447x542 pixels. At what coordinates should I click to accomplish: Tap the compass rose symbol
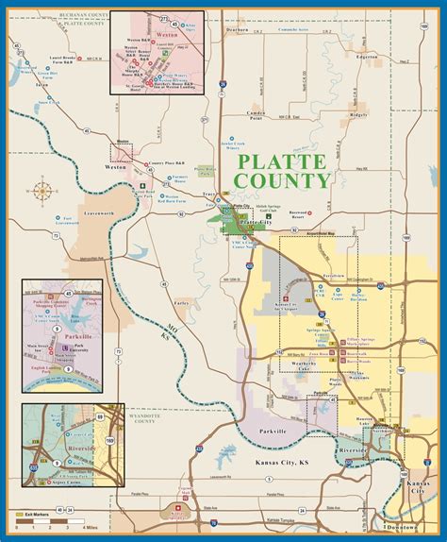(43, 189)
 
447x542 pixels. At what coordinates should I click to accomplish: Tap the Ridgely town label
(358, 114)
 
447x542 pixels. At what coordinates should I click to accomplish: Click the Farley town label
(182, 303)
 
